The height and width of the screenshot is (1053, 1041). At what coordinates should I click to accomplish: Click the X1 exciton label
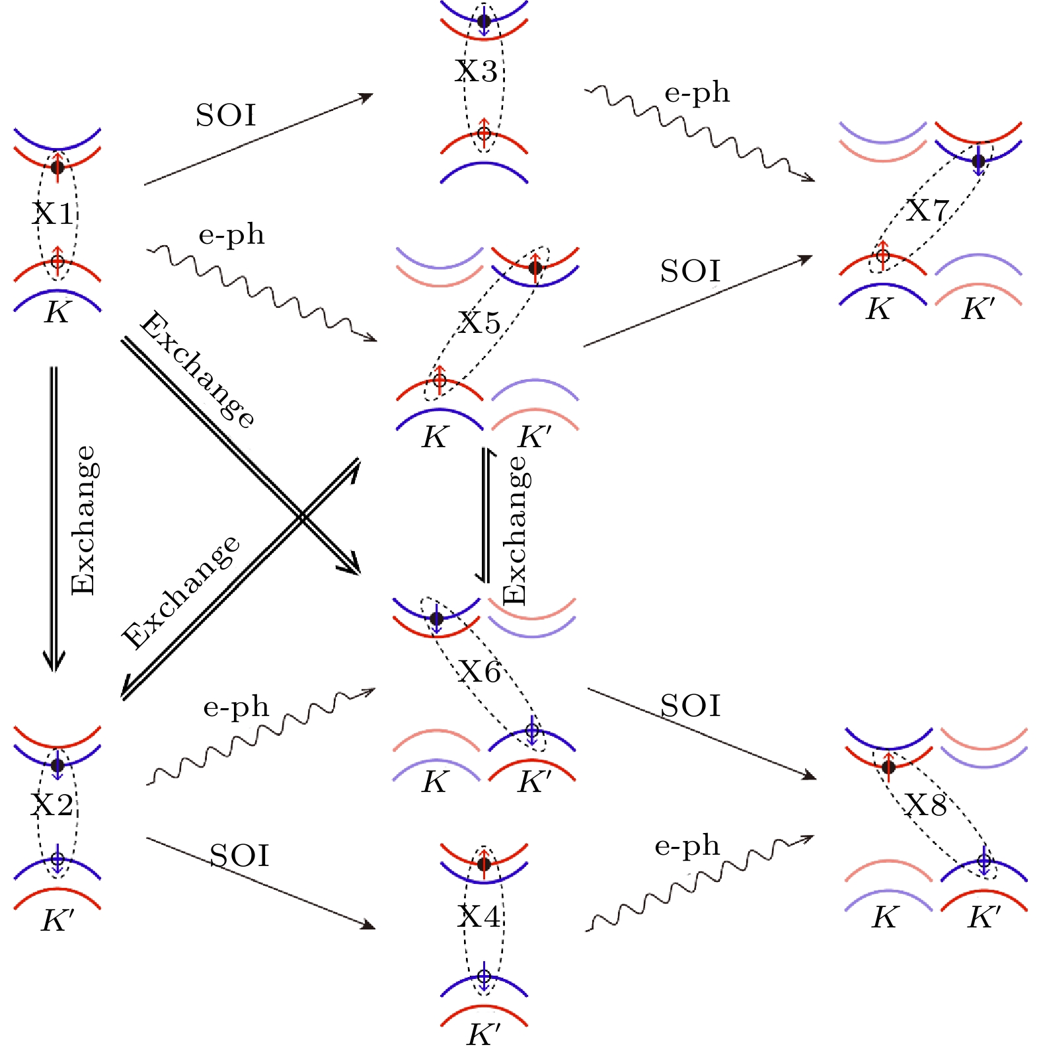pos(54,214)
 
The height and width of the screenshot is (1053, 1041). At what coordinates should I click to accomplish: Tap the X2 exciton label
pos(53,805)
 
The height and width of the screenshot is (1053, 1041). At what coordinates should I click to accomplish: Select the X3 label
pos(477,71)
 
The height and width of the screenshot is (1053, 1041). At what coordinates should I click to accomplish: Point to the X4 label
pos(479,916)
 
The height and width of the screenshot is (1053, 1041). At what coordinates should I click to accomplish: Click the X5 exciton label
pos(481,323)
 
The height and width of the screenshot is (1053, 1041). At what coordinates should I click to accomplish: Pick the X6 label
pos(481,672)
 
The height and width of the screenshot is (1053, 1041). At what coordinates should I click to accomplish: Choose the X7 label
pos(927,211)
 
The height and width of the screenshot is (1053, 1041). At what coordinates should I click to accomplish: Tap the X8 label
pos(926,805)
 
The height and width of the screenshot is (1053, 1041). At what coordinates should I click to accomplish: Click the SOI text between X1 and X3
pos(225,116)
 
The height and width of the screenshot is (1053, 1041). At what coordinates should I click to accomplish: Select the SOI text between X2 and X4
pos(239,856)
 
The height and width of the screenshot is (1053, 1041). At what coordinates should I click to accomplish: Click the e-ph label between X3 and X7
pos(697,94)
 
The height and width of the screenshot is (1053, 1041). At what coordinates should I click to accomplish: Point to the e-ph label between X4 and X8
pos(687,847)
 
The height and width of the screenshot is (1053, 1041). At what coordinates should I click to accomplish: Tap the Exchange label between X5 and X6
pos(514,530)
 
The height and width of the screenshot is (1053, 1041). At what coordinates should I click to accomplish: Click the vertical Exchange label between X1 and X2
pos(83,521)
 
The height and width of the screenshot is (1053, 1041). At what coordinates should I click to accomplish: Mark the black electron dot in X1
pos(58,166)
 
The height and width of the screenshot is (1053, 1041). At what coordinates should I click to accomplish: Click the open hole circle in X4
pos(484,976)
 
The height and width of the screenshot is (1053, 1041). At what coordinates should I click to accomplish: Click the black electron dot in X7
pos(979,161)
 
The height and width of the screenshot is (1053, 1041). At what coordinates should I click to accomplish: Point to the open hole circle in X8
pos(984,861)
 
